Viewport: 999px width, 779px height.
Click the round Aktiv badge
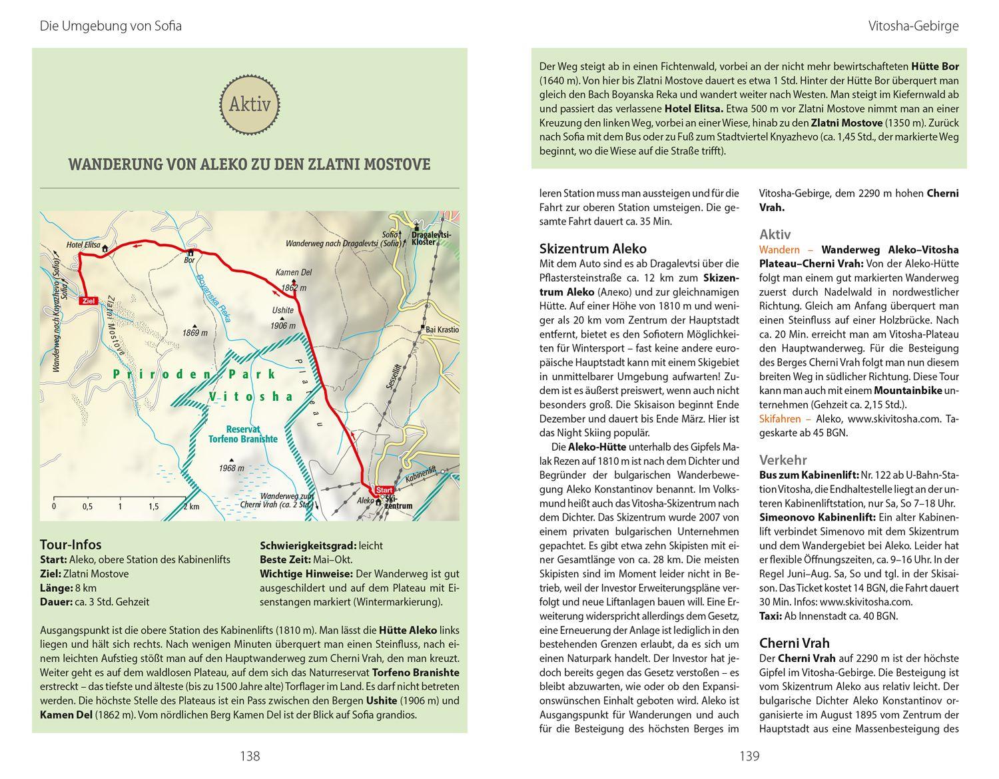tap(250, 105)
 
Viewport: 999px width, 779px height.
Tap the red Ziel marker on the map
tap(87, 301)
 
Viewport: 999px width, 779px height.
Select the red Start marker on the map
tap(384, 489)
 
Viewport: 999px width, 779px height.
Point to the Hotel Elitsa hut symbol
tap(105, 248)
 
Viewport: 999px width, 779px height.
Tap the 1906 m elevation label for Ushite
tap(283, 326)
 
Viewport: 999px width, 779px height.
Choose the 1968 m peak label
tap(231, 468)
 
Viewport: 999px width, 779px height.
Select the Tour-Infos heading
tap(71, 545)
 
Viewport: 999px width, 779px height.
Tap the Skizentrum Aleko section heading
tap(593, 248)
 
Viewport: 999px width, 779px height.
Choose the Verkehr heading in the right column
tap(783, 460)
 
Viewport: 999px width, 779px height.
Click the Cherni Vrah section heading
tap(795, 643)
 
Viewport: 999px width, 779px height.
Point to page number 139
tap(749, 756)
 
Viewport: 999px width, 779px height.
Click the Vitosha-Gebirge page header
tap(913, 27)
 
